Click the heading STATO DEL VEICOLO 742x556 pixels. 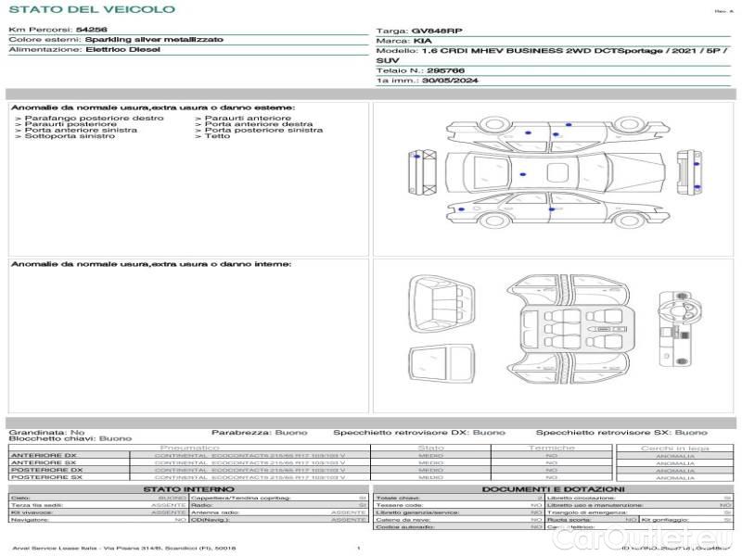[91, 9]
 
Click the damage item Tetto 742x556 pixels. [218, 136]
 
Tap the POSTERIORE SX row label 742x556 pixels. [45, 477]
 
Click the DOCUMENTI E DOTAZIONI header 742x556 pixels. [553, 488]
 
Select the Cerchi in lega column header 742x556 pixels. [674, 448]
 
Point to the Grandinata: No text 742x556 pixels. [46, 432]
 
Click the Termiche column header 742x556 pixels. [552, 448]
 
